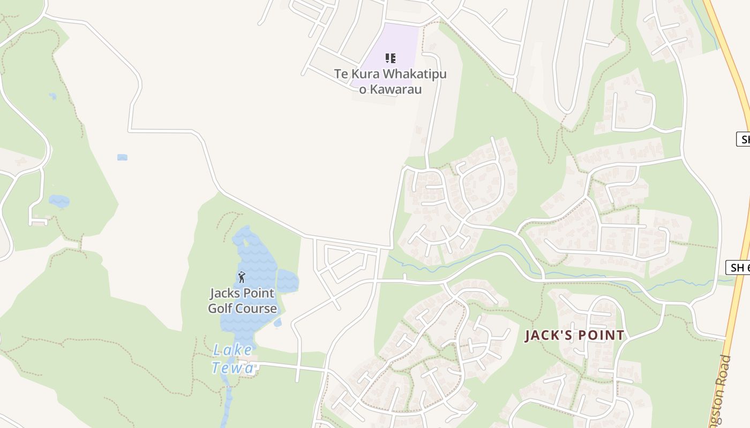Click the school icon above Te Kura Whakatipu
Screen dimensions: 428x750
point(391,58)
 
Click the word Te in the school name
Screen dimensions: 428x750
point(341,74)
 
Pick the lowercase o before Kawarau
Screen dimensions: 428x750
point(363,89)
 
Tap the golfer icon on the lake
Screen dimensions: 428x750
point(242,277)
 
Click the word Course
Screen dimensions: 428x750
point(259,309)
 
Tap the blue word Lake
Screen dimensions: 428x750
point(232,350)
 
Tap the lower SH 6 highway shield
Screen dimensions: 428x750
point(738,267)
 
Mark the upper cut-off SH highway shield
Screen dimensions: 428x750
point(743,139)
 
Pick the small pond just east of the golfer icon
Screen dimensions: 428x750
point(288,281)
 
